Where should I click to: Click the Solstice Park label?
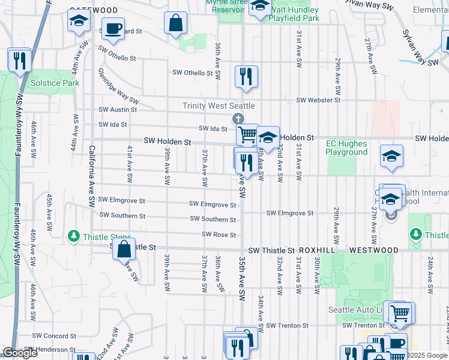click(x=55, y=83)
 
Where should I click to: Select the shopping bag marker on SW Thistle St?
click(x=123, y=251)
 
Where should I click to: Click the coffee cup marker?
click(x=112, y=28)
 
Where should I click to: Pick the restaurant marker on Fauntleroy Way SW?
click(x=19, y=60)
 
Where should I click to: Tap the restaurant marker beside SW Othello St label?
click(x=246, y=76)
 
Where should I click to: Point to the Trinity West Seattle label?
click(x=218, y=106)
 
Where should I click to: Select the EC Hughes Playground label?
click(x=346, y=148)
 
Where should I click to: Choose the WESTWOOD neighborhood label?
click(x=373, y=250)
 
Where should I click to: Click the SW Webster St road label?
click(x=318, y=100)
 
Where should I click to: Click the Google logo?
click(x=20, y=353)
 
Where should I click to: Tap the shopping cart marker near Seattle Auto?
click(x=400, y=312)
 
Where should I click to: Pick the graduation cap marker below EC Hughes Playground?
click(x=391, y=157)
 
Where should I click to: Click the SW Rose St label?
click(x=219, y=235)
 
